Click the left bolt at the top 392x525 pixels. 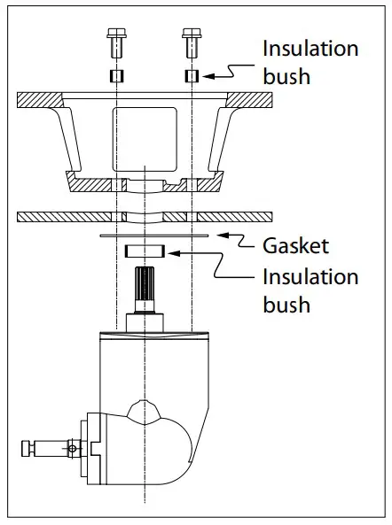point(115,41)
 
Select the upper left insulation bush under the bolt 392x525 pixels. point(115,75)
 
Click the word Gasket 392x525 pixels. point(294,244)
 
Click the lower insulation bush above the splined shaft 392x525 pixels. point(143,252)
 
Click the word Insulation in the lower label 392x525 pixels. point(310,276)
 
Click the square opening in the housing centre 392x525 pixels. point(144,137)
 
